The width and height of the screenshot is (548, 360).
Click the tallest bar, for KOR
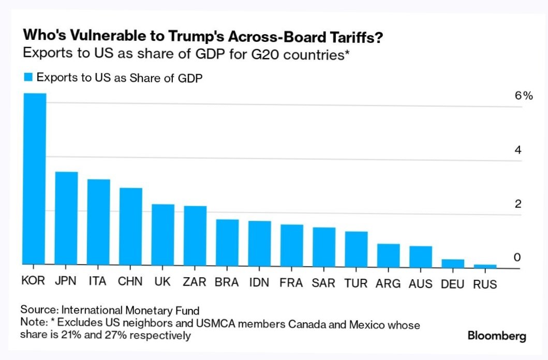click(35, 178)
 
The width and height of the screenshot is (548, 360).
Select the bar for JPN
click(66, 218)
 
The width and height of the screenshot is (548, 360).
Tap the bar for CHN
click(130, 226)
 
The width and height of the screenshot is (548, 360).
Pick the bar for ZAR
click(195, 235)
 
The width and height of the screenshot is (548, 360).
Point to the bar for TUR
click(356, 248)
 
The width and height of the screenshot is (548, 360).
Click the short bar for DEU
click(453, 262)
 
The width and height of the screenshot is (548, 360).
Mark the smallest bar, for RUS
click(485, 266)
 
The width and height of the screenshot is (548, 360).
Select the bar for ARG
click(388, 254)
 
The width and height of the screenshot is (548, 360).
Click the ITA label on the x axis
click(98, 282)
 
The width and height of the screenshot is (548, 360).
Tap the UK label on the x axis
click(162, 282)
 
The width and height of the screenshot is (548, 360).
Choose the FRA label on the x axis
click(291, 283)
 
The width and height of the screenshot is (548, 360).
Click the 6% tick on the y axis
click(523, 96)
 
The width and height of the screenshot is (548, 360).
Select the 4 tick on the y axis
click(517, 151)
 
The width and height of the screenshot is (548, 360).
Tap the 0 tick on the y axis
click(517, 258)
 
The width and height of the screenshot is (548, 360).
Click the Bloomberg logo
click(497, 336)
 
